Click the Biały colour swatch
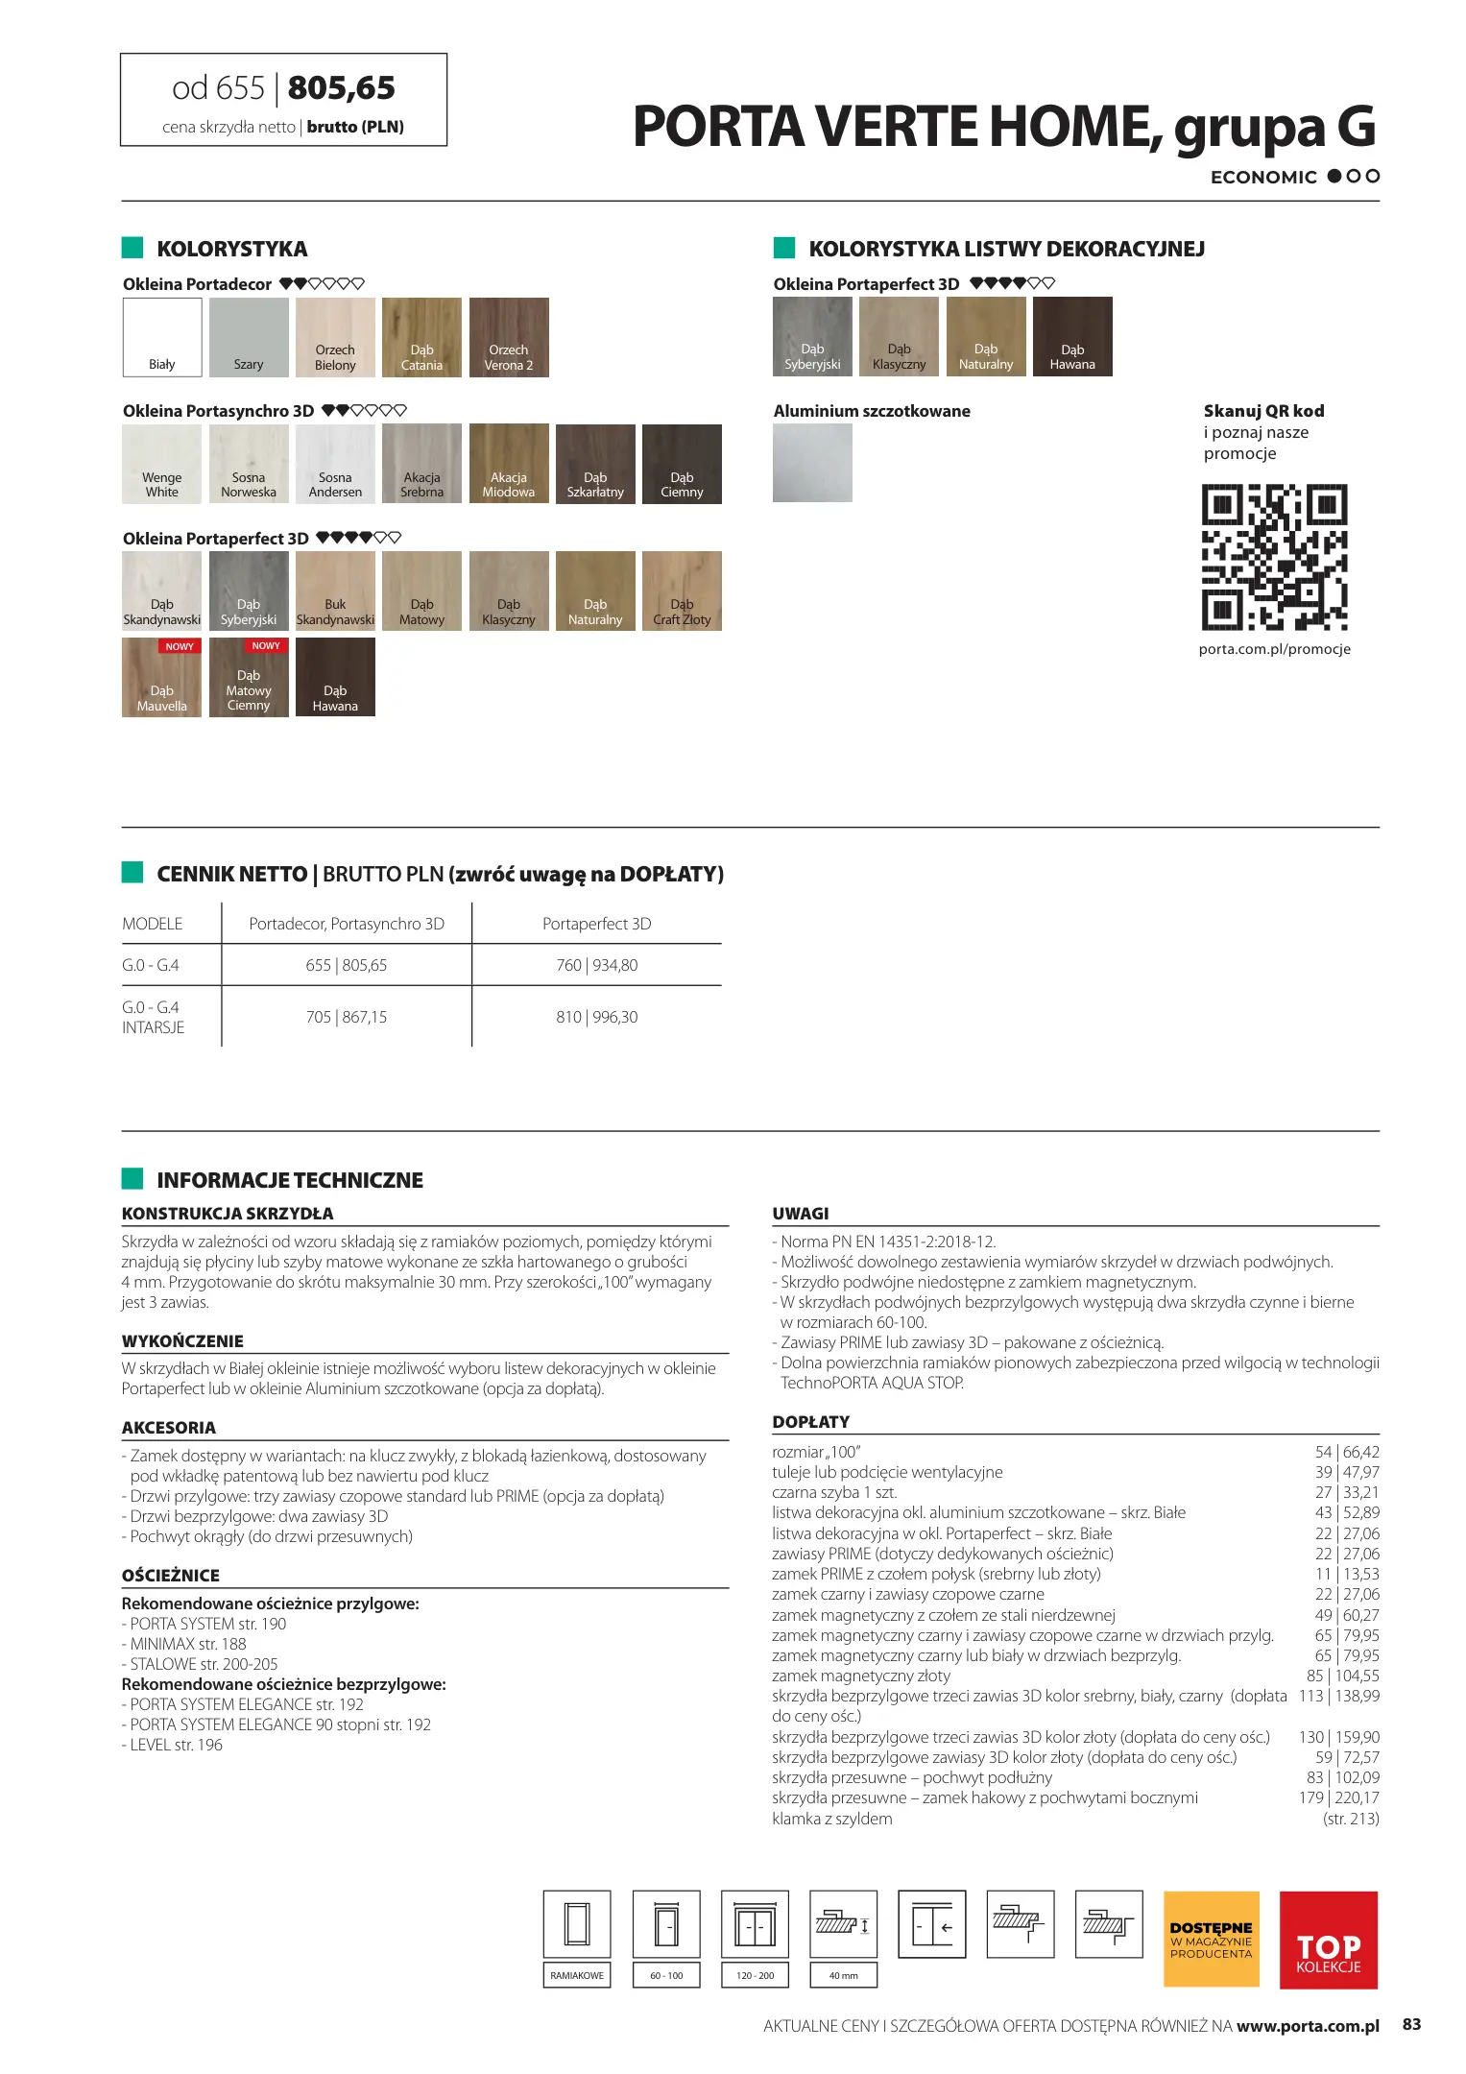pyautogui.click(x=162, y=336)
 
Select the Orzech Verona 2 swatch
pyautogui.click(x=509, y=336)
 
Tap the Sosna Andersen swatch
pyautogui.click(x=335, y=464)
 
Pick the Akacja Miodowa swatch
pyautogui.click(x=509, y=464)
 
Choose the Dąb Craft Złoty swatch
pyautogui.click(x=682, y=591)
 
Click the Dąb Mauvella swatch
pyautogui.click(x=161, y=678)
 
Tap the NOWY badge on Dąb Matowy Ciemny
pyautogui.click(x=266, y=646)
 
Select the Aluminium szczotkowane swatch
pyautogui.click(x=812, y=463)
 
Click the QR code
pyautogui.click(x=1274, y=557)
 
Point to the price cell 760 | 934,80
pyautogui.click(x=596, y=965)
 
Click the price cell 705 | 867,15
pyautogui.click(x=347, y=1017)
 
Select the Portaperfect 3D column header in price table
pyautogui.click(x=596, y=924)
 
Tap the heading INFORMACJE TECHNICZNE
pyautogui.click(x=289, y=1180)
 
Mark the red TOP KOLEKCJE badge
pyautogui.click(x=1328, y=1939)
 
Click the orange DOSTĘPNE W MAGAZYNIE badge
pyautogui.click(x=1211, y=1939)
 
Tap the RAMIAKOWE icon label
pyautogui.click(x=577, y=1975)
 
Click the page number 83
pyautogui.click(x=1411, y=2024)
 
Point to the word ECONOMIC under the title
pyautogui.click(x=1263, y=178)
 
